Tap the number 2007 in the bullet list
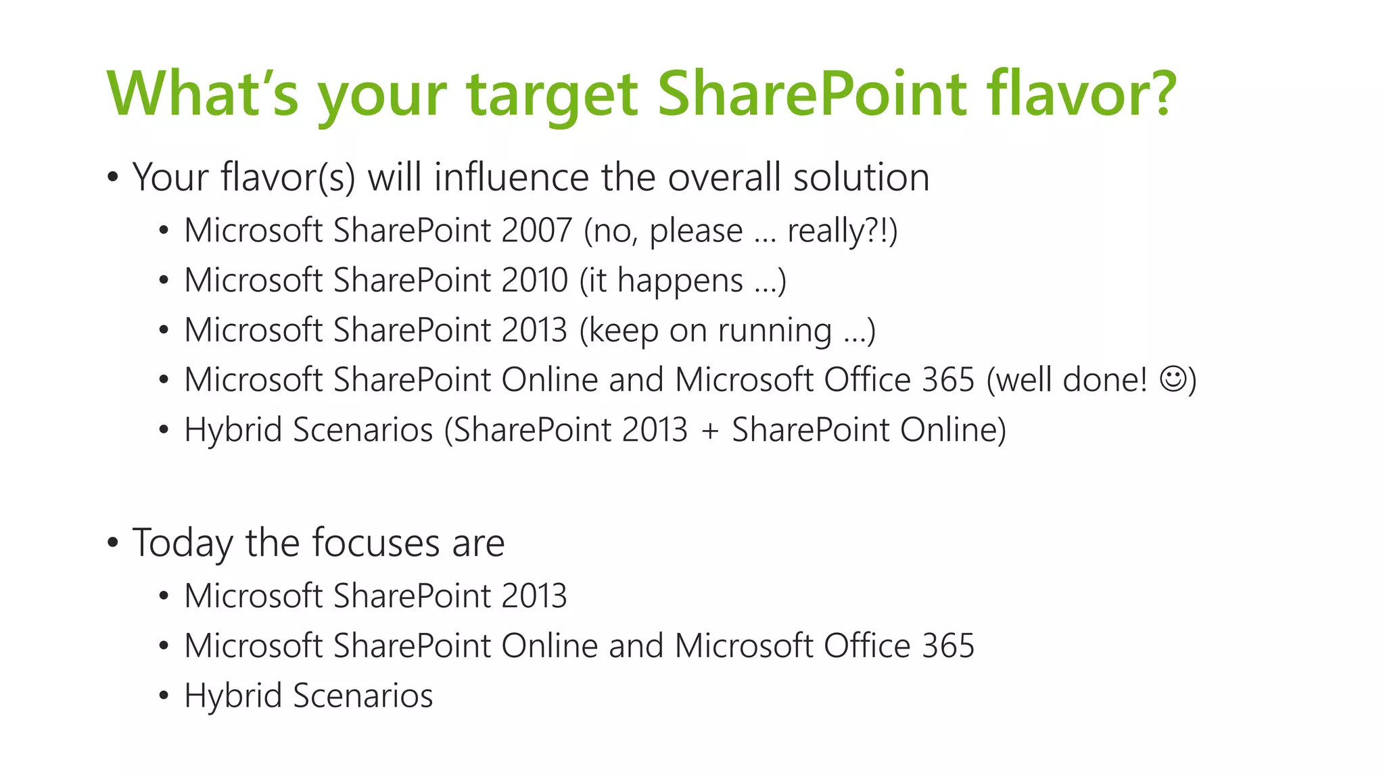(537, 231)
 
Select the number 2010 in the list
(534, 280)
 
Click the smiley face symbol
(1173, 379)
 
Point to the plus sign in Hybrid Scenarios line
(709, 431)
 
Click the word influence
(511, 177)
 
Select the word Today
(183, 543)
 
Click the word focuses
(375, 542)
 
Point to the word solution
(861, 177)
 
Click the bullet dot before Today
(112, 542)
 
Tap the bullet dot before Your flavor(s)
(112, 177)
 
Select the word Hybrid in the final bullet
(233, 696)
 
